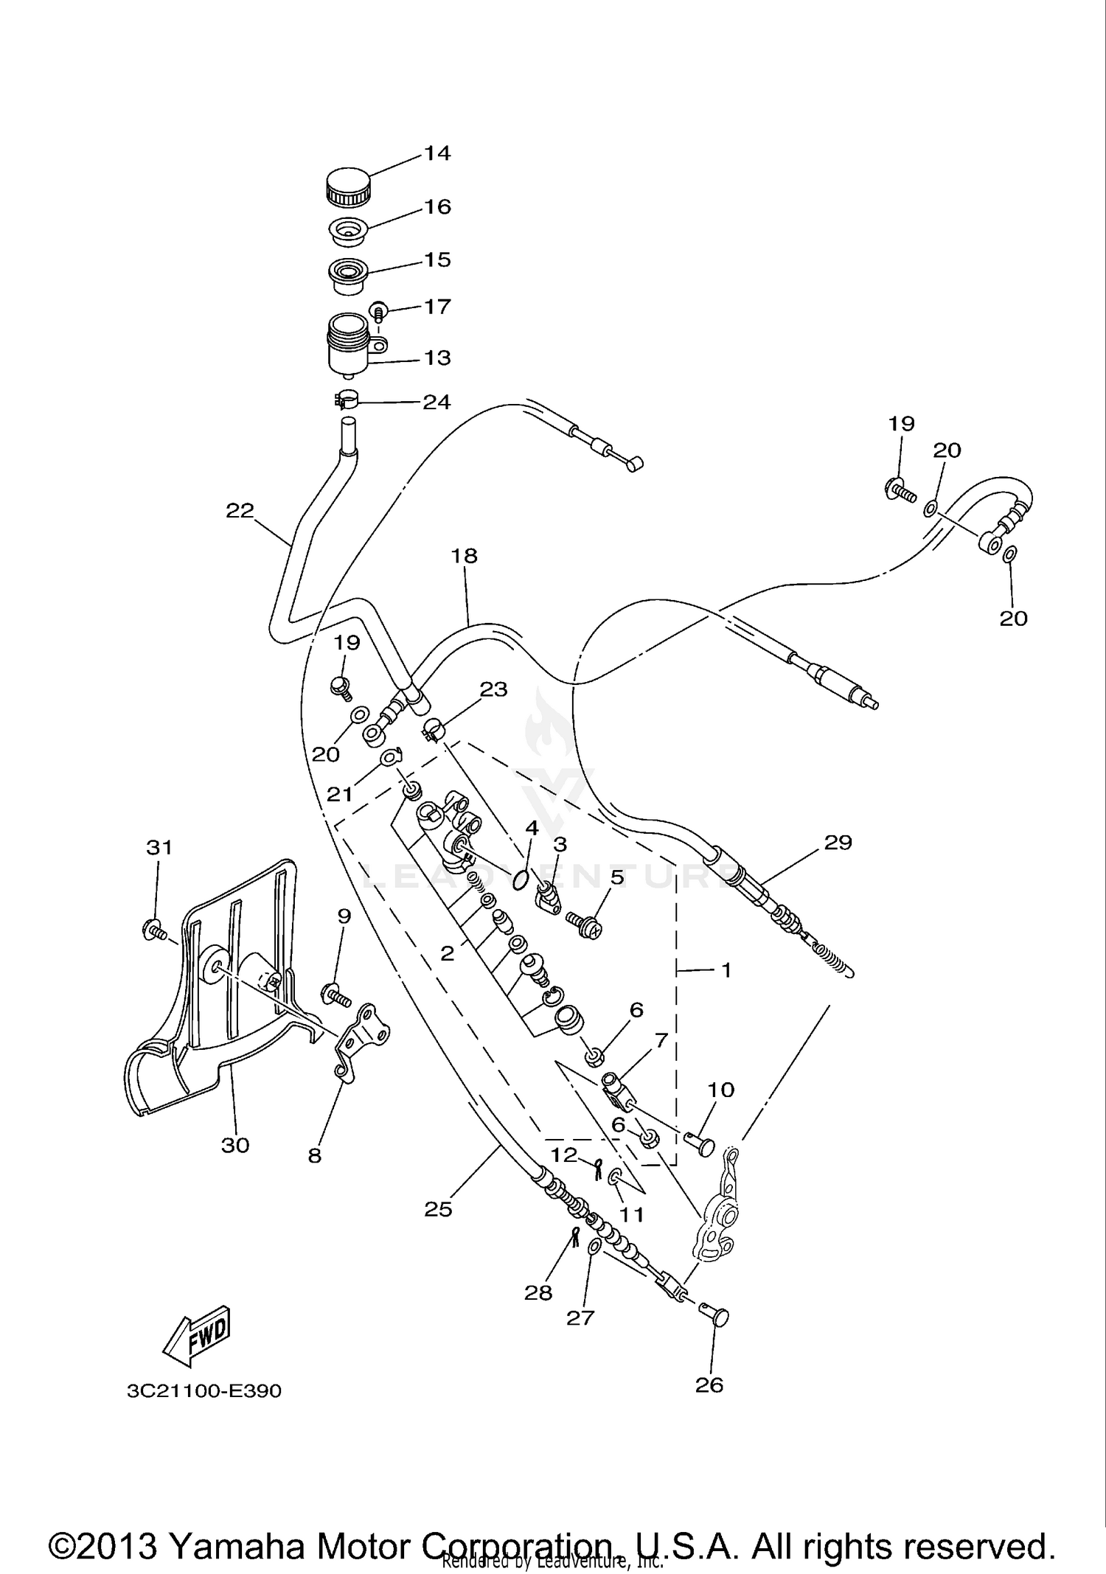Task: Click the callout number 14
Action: pyautogui.click(x=437, y=153)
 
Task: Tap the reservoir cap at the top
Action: pyautogui.click(x=346, y=188)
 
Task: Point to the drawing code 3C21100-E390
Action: pyautogui.click(x=204, y=1391)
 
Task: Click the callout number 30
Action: pyautogui.click(x=235, y=1145)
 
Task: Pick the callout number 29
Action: pyautogui.click(x=838, y=842)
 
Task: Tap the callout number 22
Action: pyautogui.click(x=240, y=510)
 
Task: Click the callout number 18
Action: pyautogui.click(x=465, y=556)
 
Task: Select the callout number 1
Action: pyautogui.click(x=726, y=970)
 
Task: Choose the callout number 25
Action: pyautogui.click(x=438, y=1209)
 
